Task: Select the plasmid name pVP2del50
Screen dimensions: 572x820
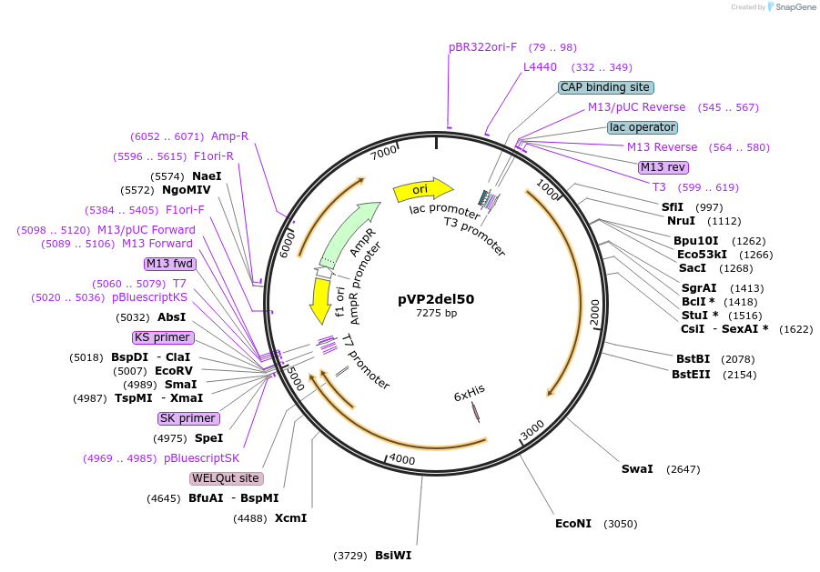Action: (x=436, y=298)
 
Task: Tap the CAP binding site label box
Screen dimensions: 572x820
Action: (x=605, y=87)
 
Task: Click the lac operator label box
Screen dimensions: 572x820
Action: (x=643, y=127)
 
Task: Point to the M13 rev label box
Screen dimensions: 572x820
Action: (x=663, y=167)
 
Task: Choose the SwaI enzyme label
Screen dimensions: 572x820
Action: (x=637, y=469)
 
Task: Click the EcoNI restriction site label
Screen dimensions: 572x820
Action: (x=573, y=524)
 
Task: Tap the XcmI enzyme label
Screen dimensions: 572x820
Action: (x=290, y=518)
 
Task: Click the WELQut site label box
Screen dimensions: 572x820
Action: (x=226, y=478)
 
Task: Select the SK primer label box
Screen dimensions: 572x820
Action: (x=188, y=418)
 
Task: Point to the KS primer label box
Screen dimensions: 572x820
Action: (x=162, y=337)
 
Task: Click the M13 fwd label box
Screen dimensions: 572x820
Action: (x=170, y=264)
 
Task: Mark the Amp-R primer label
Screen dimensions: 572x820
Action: (x=229, y=136)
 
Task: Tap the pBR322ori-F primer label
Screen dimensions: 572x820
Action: (x=482, y=47)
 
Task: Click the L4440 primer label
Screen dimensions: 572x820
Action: (x=540, y=67)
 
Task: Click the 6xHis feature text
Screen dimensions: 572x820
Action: (x=470, y=392)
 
